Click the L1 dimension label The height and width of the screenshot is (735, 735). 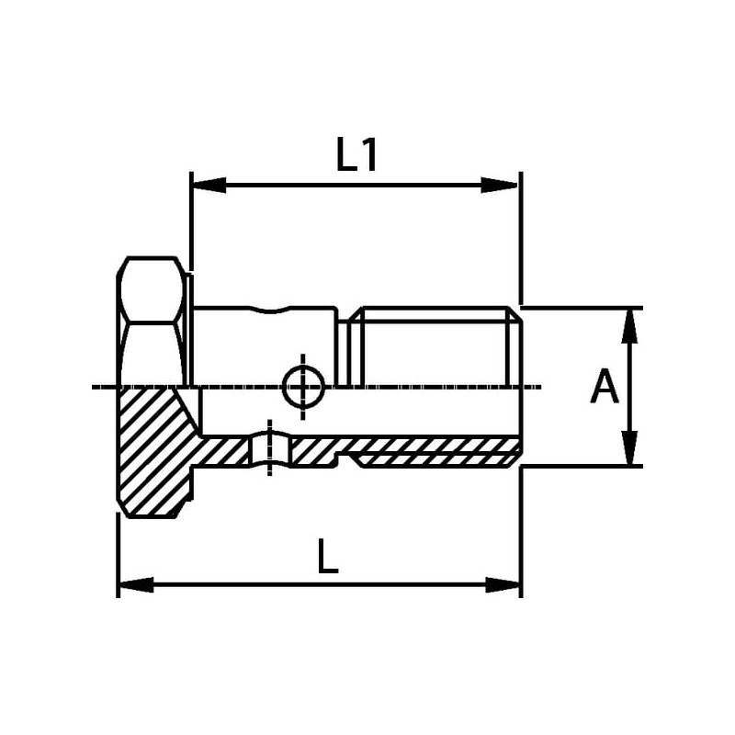(356, 154)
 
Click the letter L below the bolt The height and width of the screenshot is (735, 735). (327, 557)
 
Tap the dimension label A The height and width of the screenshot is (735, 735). (605, 386)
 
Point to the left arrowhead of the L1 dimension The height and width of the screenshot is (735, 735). (209, 185)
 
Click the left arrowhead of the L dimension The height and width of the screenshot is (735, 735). (136, 584)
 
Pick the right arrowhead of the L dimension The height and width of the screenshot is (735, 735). (503, 584)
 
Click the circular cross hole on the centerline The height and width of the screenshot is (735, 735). (303, 387)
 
